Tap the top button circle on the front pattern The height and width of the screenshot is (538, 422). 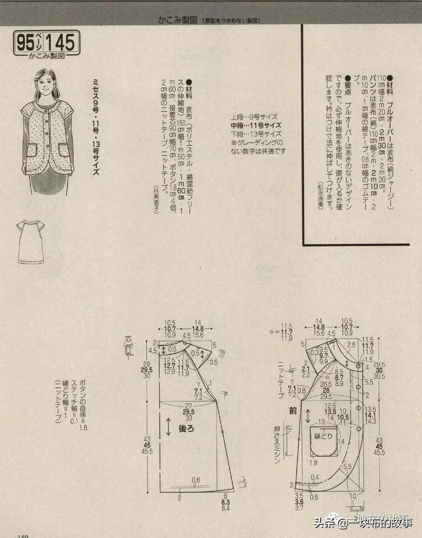(x=359, y=367)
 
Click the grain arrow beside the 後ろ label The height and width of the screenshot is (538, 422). (x=168, y=427)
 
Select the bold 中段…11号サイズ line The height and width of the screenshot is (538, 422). (x=256, y=125)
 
